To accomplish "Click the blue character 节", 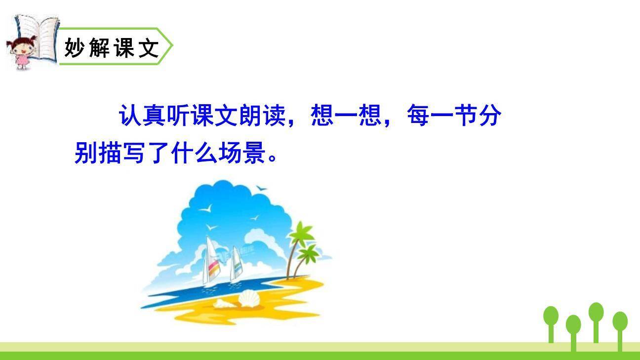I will [x=465, y=117].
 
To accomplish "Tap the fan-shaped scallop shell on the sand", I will [x=248, y=298].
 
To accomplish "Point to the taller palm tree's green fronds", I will [x=302, y=232].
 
